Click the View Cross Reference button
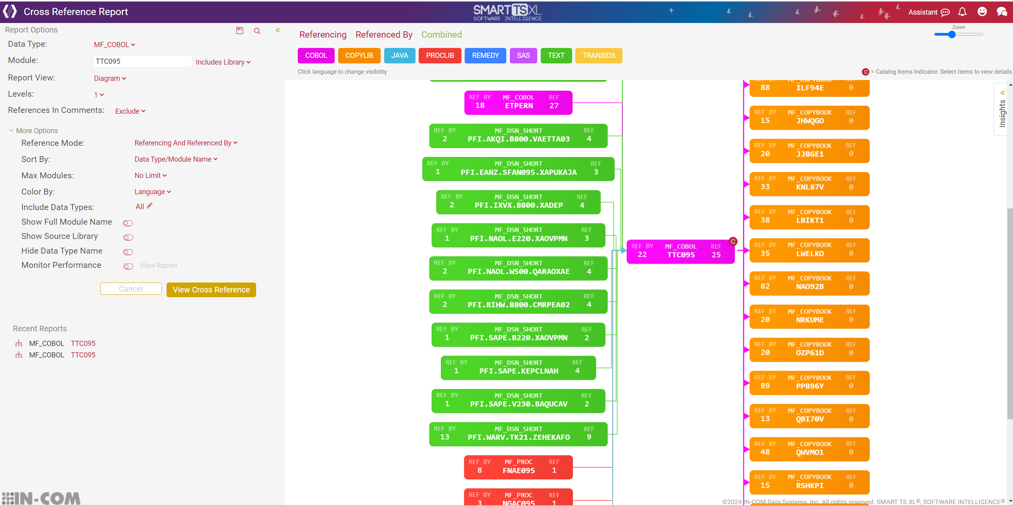click(x=211, y=290)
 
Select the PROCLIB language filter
click(x=440, y=55)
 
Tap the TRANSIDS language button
click(x=598, y=55)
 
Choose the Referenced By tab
click(x=384, y=35)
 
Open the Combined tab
click(x=441, y=35)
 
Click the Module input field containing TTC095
click(x=142, y=61)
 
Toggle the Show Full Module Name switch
click(x=128, y=223)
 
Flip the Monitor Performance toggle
click(x=128, y=266)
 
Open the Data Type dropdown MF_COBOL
click(x=114, y=45)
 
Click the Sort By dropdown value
click(x=176, y=159)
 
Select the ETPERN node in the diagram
click(x=518, y=103)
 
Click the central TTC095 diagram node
click(x=680, y=251)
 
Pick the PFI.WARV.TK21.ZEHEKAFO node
click(x=518, y=434)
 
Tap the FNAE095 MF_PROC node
click(x=518, y=467)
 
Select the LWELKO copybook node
click(x=809, y=250)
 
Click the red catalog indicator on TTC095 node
click(x=733, y=241)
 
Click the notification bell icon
click(x=962, y=12)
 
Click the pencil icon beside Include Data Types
click(x=149, y=206)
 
